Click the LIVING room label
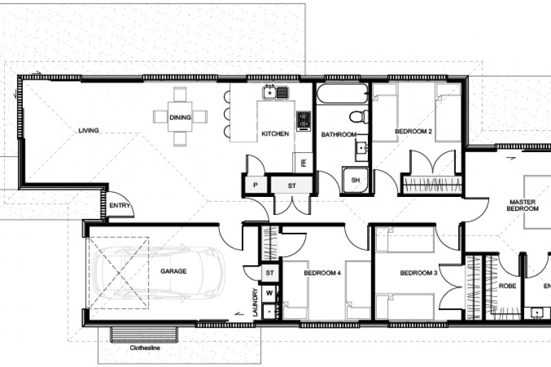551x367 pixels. [88, 129]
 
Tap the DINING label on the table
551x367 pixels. [180, 118]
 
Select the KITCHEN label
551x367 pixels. [275, 134]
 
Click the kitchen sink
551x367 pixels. [276, 92]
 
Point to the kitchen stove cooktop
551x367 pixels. [303, 120]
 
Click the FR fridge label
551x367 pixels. [303, 162]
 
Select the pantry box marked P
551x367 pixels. [255, 185]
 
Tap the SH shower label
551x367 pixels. [355, 180]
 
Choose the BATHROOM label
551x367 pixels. [339, 134]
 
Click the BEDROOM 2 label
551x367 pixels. [413, 131]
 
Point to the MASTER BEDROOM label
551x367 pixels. [523, 205]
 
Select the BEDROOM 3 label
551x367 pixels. [419, 273]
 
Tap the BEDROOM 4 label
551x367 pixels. [322, 273]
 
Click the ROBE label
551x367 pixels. [508, 285]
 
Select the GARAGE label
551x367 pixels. [174, 271]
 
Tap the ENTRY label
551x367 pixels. [119, 205]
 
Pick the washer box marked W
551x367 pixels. [269, 293]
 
